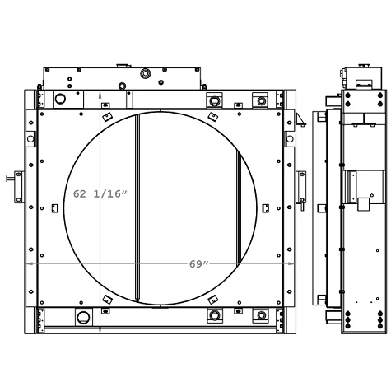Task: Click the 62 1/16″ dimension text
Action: tap(100, 193)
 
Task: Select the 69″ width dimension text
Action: tap(198, 264)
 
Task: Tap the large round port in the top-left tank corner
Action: tap(60, 100)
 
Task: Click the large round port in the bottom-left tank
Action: tap(83, 317)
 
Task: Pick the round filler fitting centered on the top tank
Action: tap(145, 73)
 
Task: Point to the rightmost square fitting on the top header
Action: tap(261, 101)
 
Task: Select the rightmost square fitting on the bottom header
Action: tap(261, 315)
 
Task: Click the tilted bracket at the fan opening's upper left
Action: tap(106, 118)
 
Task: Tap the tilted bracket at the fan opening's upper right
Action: tap(212, 118)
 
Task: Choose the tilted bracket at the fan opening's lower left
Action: tap(106, 299)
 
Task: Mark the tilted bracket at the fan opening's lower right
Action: tap(212, 300)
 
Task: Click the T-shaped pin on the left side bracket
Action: tap(9, 177)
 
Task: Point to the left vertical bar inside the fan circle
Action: tap(137, 207)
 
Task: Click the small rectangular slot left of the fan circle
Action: tap(54, 207)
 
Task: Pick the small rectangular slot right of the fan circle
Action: tap(265, 208)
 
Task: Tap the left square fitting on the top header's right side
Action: tap(214, 101)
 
